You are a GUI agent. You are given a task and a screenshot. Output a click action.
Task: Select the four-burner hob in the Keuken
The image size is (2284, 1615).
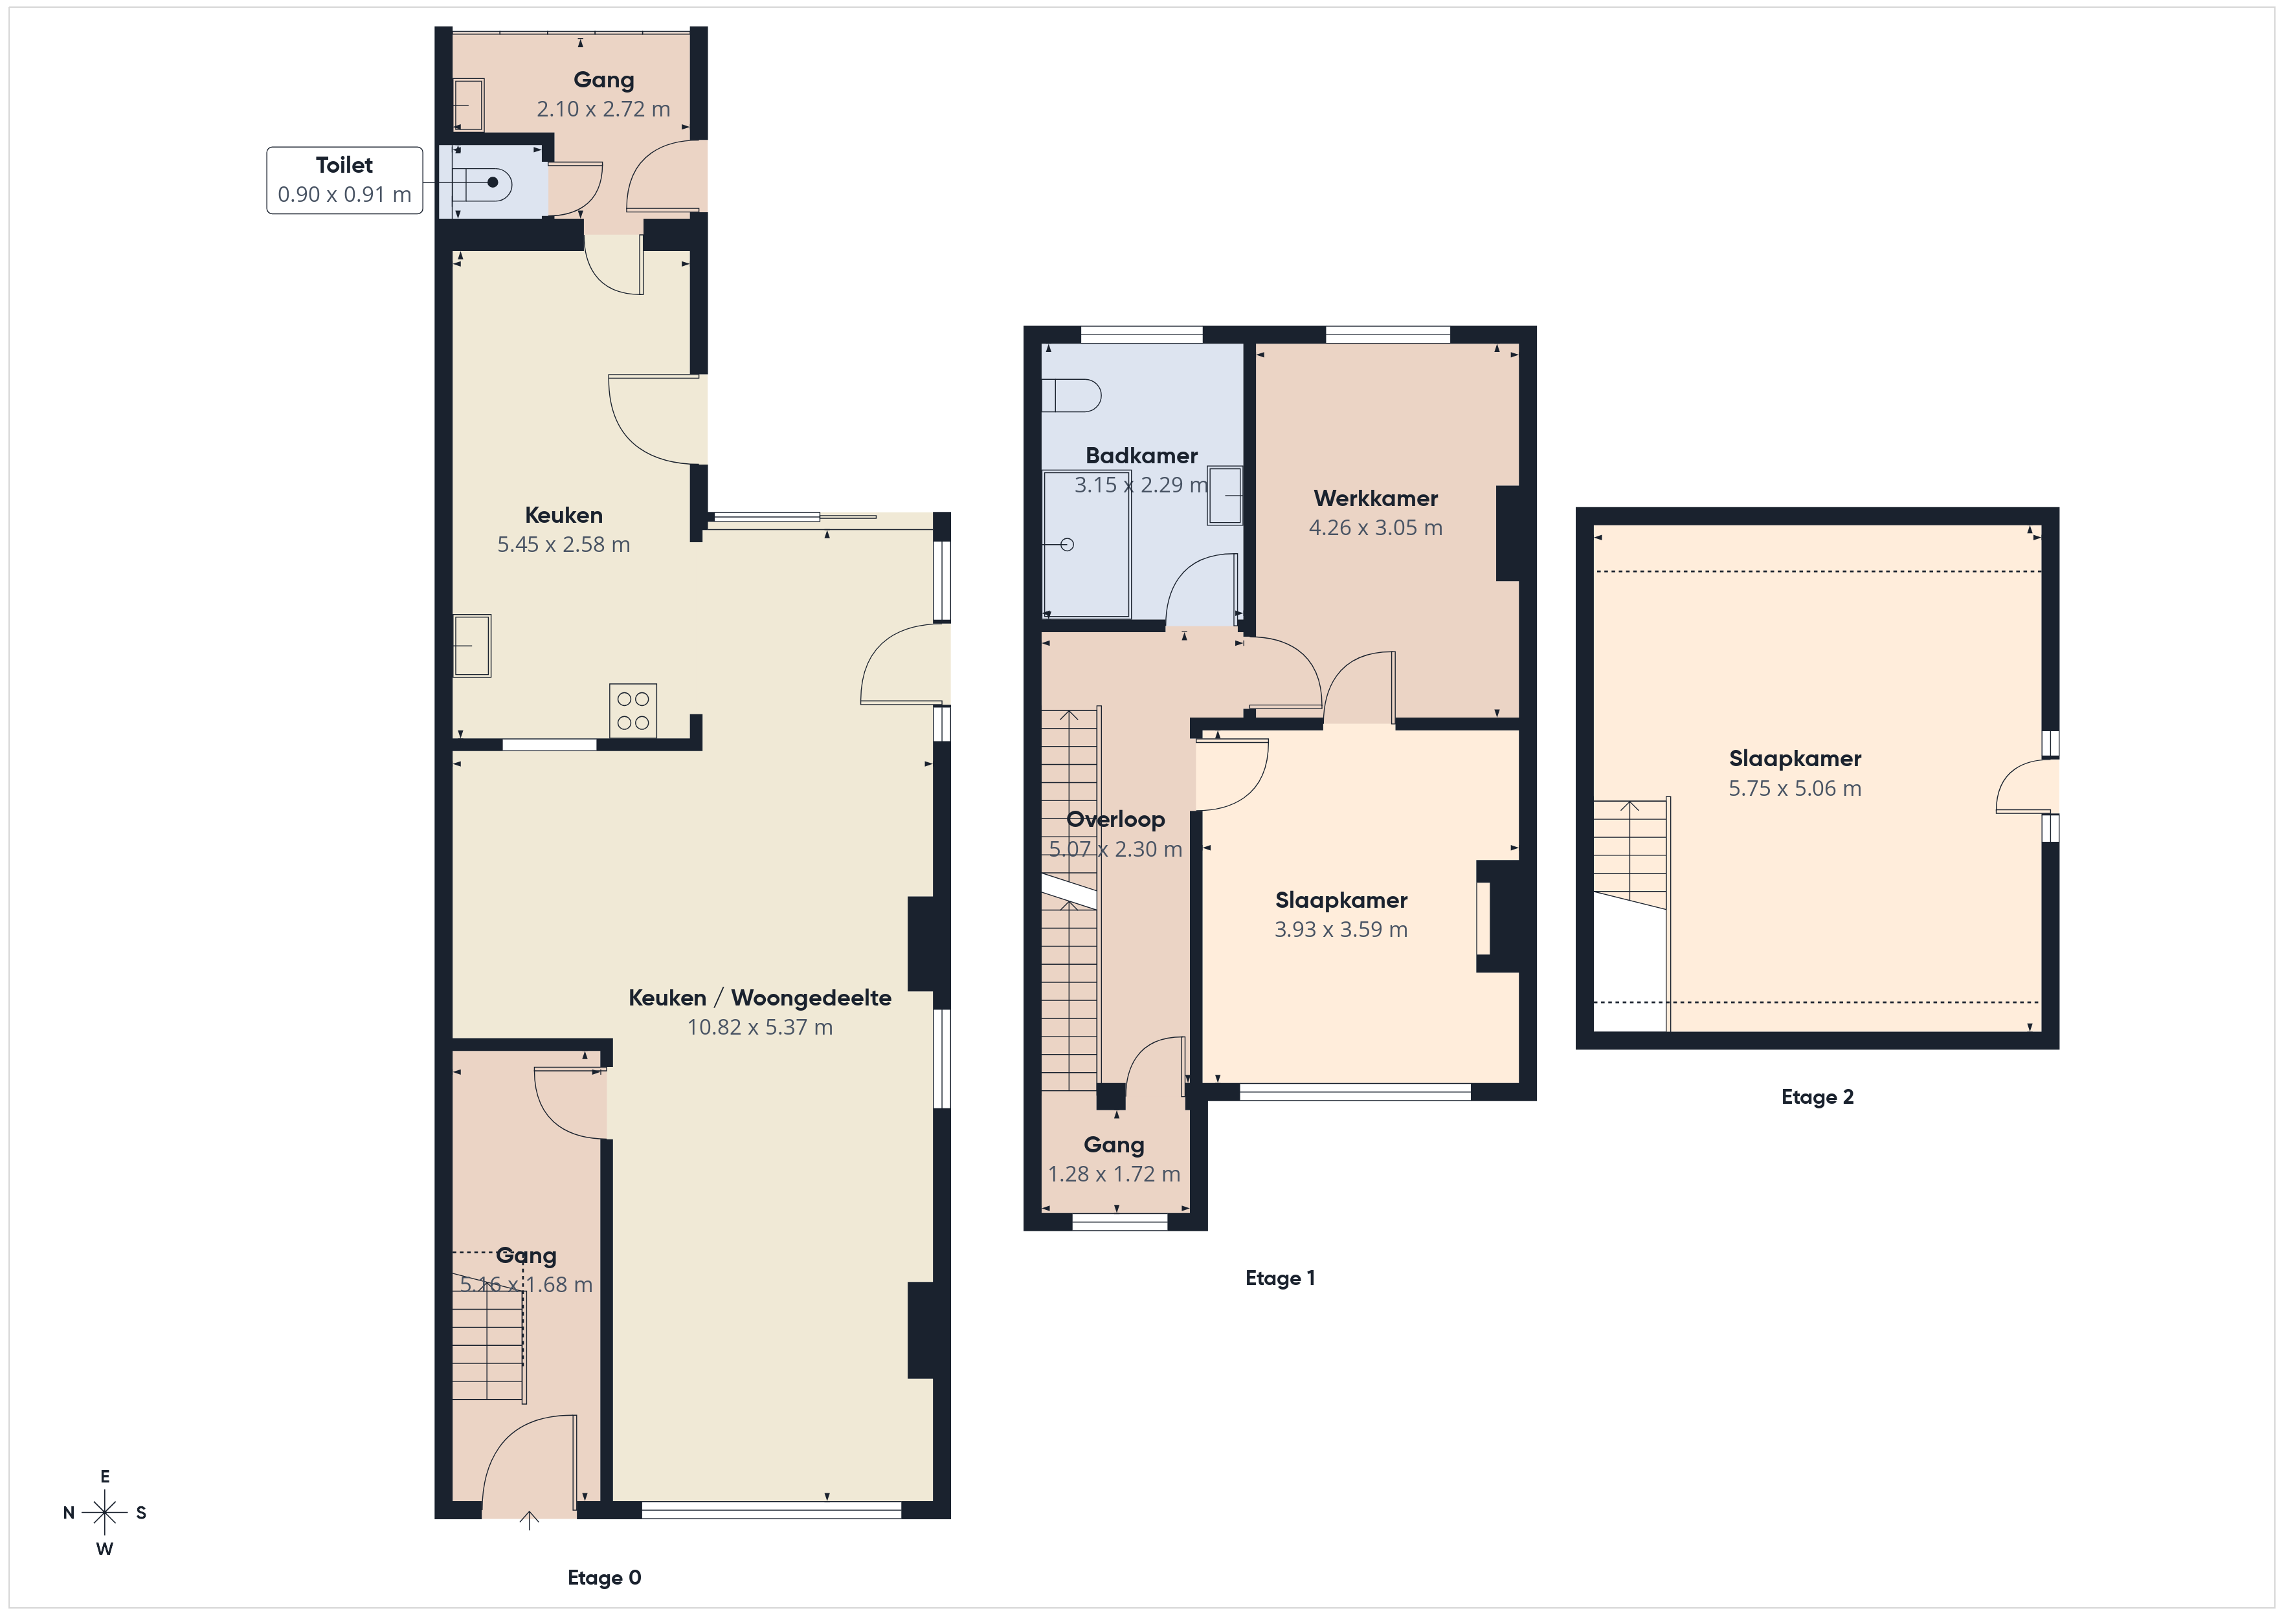633,710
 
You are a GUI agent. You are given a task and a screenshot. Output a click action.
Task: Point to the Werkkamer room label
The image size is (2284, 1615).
1376,498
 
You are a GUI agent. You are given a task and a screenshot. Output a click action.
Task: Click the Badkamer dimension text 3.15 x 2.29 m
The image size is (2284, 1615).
1141,485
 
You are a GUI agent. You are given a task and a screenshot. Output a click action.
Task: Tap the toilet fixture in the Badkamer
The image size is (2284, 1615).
1071,396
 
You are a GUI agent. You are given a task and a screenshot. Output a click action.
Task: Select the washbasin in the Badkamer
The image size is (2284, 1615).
1226,495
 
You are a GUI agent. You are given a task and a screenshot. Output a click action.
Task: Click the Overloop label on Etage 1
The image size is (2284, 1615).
1115,819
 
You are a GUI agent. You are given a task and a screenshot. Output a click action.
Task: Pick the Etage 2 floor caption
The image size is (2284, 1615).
1817,1097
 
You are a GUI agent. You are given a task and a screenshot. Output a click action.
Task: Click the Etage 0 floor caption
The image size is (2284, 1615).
604,1577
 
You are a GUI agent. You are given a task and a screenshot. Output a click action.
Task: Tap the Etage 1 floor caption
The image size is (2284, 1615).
1281,1278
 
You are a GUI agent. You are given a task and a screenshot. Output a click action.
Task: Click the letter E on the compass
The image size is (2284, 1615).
104,1477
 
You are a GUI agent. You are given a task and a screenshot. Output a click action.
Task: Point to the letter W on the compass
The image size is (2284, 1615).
104,1548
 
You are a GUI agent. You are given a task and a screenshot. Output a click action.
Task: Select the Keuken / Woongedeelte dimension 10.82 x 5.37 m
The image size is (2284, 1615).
760,1027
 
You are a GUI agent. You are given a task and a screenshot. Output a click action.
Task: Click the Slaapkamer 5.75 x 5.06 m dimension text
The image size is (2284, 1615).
1795,789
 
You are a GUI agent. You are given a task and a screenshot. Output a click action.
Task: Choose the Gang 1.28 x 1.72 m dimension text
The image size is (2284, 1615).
1114,1174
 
